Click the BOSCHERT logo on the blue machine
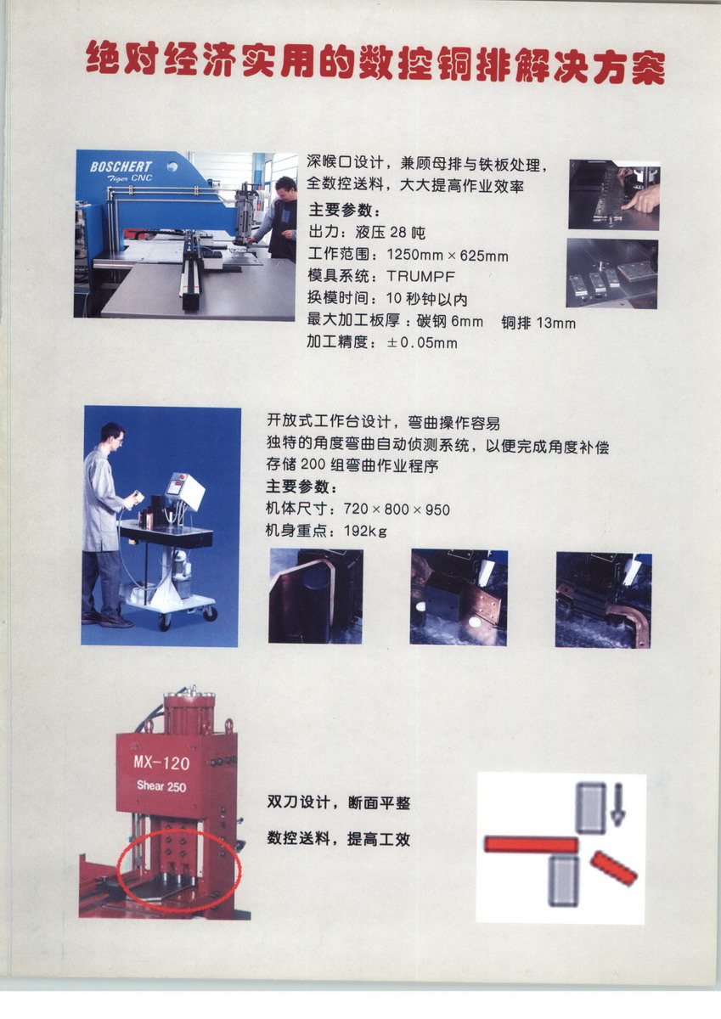click(x=121, y=167)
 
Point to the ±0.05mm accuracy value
click(x=422, y=342)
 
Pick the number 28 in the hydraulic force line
click(x=397, y=233)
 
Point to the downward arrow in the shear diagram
click(x=617, y=805)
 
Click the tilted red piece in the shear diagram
click(x=614, y=869)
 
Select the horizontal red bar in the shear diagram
click(x=531, y=843)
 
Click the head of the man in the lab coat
click(x=113, y=436)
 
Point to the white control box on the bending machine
click(x=186, y=491)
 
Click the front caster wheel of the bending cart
click(x=165, y=622)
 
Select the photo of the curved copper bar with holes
click(x=604, y=600)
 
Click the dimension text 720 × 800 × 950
click(x=397, y=509)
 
